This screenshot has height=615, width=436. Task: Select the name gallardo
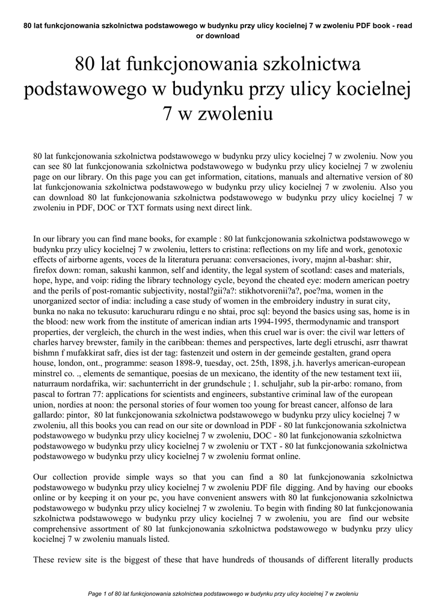50,414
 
